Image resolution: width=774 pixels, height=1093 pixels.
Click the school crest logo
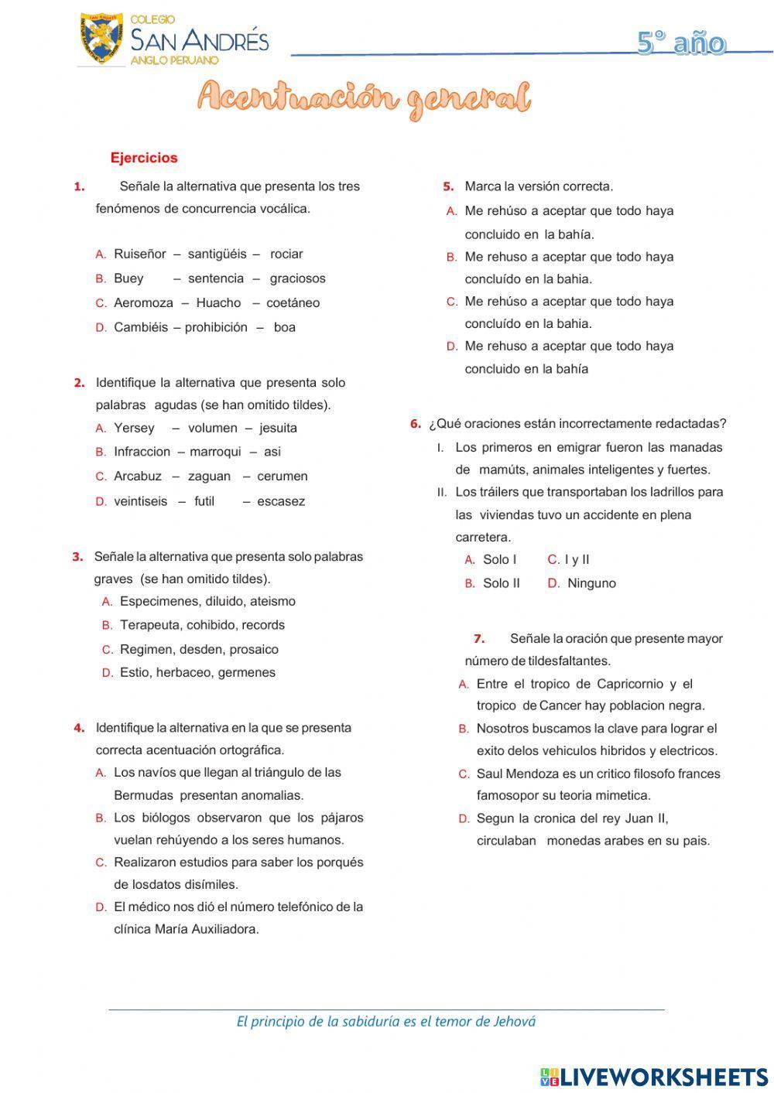coord(101,38)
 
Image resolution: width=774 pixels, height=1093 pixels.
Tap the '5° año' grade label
coord(681,43)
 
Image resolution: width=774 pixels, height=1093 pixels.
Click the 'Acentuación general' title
coord(364,99)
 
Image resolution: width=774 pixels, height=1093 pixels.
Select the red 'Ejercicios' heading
coord(144,158)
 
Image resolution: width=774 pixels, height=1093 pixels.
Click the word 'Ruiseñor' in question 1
coord(140,254)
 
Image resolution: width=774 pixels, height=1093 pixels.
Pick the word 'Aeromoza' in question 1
coord(143,302)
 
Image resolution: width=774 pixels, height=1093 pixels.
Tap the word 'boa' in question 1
coord(285,327)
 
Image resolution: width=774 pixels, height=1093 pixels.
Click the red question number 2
coord(79,382)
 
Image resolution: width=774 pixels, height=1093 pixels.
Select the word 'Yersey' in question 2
coord(134,428)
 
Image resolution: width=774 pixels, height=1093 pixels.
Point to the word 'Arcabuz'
coord(138,476)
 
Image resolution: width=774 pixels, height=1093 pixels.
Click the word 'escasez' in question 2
coord(281,501)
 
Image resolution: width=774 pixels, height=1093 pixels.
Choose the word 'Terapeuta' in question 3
coord(150,625)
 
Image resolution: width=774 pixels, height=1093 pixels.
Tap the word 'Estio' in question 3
coord(135,672)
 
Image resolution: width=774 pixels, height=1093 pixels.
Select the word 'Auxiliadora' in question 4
coord(225,929)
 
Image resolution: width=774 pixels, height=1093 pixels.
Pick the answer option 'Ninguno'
coord(591,583)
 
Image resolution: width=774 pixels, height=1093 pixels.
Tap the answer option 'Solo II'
coord(502,583)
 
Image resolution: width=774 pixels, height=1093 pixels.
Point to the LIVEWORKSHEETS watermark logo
coord(654,1076)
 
